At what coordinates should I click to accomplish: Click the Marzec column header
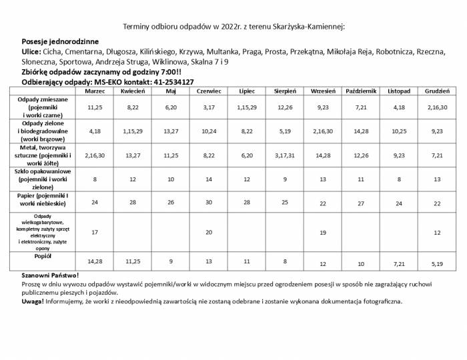pyautogui.click(x=95, y=91)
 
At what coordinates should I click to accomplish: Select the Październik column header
pyautogui.click(x=361, y=91)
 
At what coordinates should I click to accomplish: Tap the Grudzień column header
pyautogui.click(x=437, y=91)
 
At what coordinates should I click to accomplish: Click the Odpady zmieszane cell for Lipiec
pyautogui.click(x=247, y=107)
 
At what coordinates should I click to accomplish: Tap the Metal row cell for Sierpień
pyautogui.click(x=285, y=155)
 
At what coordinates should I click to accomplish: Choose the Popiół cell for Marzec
pyautogui.click(x=95, y=261)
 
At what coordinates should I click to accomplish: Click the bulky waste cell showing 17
pyautogui.click(x=95, y=232)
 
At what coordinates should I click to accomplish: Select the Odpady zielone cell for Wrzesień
pyautogui.click(x=323, y=131)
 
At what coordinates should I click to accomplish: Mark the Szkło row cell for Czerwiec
pyautogui.click(x=209, y=179)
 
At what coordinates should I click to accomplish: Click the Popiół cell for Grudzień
pyautogui.click(x=437, y=264)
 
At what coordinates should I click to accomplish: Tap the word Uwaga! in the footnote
pyautogui.click(x=33, y=301)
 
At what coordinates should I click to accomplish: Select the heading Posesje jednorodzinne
pyautogui.click(x=60, y=41)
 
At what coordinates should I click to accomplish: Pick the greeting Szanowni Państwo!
pyautogui.click(x=50, y=275)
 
